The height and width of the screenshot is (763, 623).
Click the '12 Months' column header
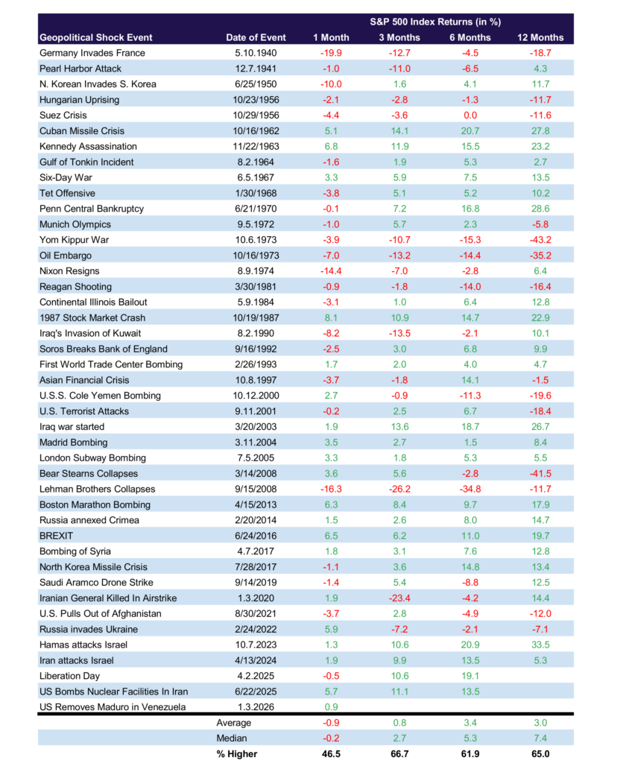click(x=540, y=37)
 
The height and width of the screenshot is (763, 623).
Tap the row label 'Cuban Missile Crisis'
click(x=82, y=131)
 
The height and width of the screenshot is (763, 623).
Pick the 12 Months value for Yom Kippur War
click(x=540, y=240)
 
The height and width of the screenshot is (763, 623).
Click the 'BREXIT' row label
click(x=56, y=536)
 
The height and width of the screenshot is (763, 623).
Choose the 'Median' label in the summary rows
click(x=233, y=738)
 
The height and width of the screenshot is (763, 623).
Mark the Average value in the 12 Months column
click(x=540, y=723)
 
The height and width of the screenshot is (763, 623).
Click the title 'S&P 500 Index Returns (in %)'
click(x=433, y=22)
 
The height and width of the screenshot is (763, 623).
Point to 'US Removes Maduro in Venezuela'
click(x=112, y=707)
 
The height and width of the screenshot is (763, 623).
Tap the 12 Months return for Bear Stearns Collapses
click(x=540, y=473)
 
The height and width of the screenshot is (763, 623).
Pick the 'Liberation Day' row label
click(x=72, y=676)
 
